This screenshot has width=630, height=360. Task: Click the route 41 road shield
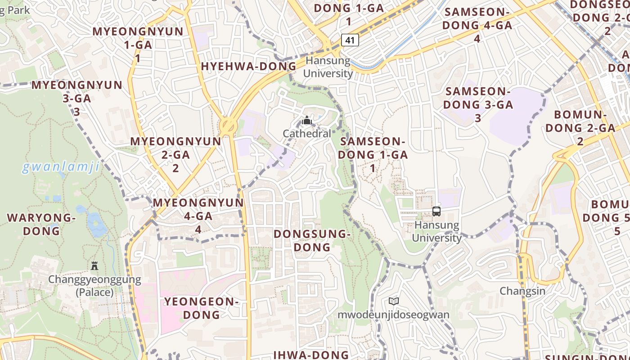(351, 40)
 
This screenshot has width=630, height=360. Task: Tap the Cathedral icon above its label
(307, 120)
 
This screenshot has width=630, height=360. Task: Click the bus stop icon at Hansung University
(436, 211)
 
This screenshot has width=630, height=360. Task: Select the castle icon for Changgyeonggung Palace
(94, 266)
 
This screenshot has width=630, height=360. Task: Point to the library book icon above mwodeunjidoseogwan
(394, 301)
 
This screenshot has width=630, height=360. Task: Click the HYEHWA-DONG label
(248, 66)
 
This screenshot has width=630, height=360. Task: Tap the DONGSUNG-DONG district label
(312, 240)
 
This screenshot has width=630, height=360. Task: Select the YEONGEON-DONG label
(201, 308)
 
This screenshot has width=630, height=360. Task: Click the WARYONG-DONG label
(41, 224)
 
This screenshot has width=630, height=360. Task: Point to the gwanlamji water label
(61, 167)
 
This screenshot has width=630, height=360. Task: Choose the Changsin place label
(522, 291)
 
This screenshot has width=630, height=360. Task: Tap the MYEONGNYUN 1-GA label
(138, 45)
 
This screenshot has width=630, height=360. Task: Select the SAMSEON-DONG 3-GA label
(478, 104)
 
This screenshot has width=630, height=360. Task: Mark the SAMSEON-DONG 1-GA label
(373, 154)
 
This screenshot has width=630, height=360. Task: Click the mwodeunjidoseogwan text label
(393, 314)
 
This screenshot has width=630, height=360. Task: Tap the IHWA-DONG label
(310, 355)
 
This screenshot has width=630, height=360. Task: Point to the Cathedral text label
(307, 133)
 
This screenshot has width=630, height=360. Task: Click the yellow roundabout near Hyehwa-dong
(228, 125)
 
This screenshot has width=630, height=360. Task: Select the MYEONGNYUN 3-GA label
(76, 98)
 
